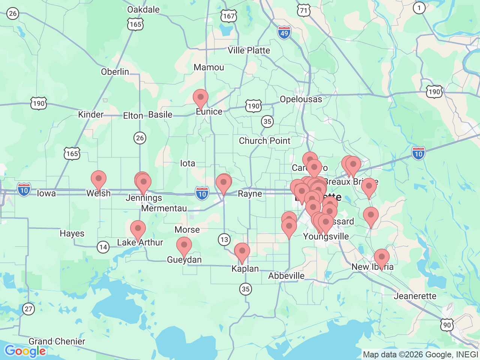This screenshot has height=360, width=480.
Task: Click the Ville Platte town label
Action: pos(249,50)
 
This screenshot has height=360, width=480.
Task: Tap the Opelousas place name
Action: pos(301,99)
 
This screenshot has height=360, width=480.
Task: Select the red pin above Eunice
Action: pos(201,98)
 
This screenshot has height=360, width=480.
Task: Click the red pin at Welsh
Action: pos(99,179)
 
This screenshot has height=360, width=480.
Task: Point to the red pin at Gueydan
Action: pos(184,246)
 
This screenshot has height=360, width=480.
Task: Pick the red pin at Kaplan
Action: pos(242,252)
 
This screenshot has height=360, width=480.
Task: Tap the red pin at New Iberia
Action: pos(382,258)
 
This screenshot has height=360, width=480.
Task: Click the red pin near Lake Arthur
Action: pos(138,229)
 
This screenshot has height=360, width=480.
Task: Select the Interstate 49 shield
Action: pos(284,33)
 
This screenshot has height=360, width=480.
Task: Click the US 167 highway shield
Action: pos(228,16)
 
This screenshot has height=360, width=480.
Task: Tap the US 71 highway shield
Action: pos(304,10)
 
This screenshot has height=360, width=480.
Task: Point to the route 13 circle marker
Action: pos(224,240)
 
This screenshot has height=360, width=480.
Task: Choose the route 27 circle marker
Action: pos(28,309)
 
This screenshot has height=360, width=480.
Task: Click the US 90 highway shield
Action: pos(447,325)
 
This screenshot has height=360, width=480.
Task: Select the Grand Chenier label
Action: pos(57,341)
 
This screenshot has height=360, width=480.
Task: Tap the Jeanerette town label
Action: pos(415,296)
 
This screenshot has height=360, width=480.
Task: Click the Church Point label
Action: pos(265,141)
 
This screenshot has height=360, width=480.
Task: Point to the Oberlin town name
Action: pos(115,72)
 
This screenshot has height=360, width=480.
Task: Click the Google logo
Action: pos(25,351)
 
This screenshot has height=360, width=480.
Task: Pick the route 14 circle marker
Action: pos(103,247)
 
